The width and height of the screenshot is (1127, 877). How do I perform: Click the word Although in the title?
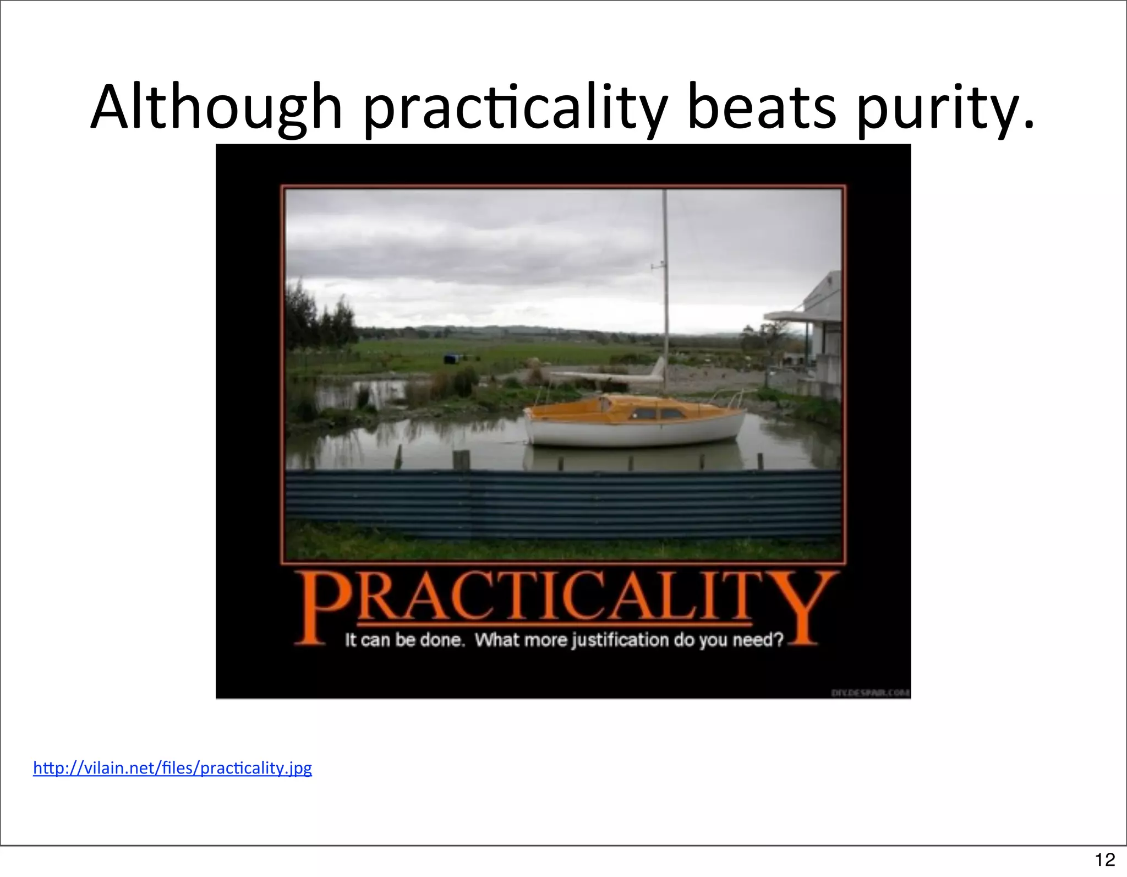[217, 107]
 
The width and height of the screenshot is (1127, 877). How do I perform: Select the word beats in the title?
[762, 107]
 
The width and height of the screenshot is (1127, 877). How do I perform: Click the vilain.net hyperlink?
[172, 767]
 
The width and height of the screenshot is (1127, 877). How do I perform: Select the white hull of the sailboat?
[633, 432]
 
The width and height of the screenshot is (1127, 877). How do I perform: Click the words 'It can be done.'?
[405, 640]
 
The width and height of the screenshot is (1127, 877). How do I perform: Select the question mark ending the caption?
[778, 640]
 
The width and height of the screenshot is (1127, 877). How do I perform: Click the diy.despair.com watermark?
[869, 693]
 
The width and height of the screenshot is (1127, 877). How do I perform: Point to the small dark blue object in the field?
[452, 359]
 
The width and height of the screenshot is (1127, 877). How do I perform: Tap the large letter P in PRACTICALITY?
[319, 606]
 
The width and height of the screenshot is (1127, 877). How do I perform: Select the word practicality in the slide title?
[515, 107]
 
